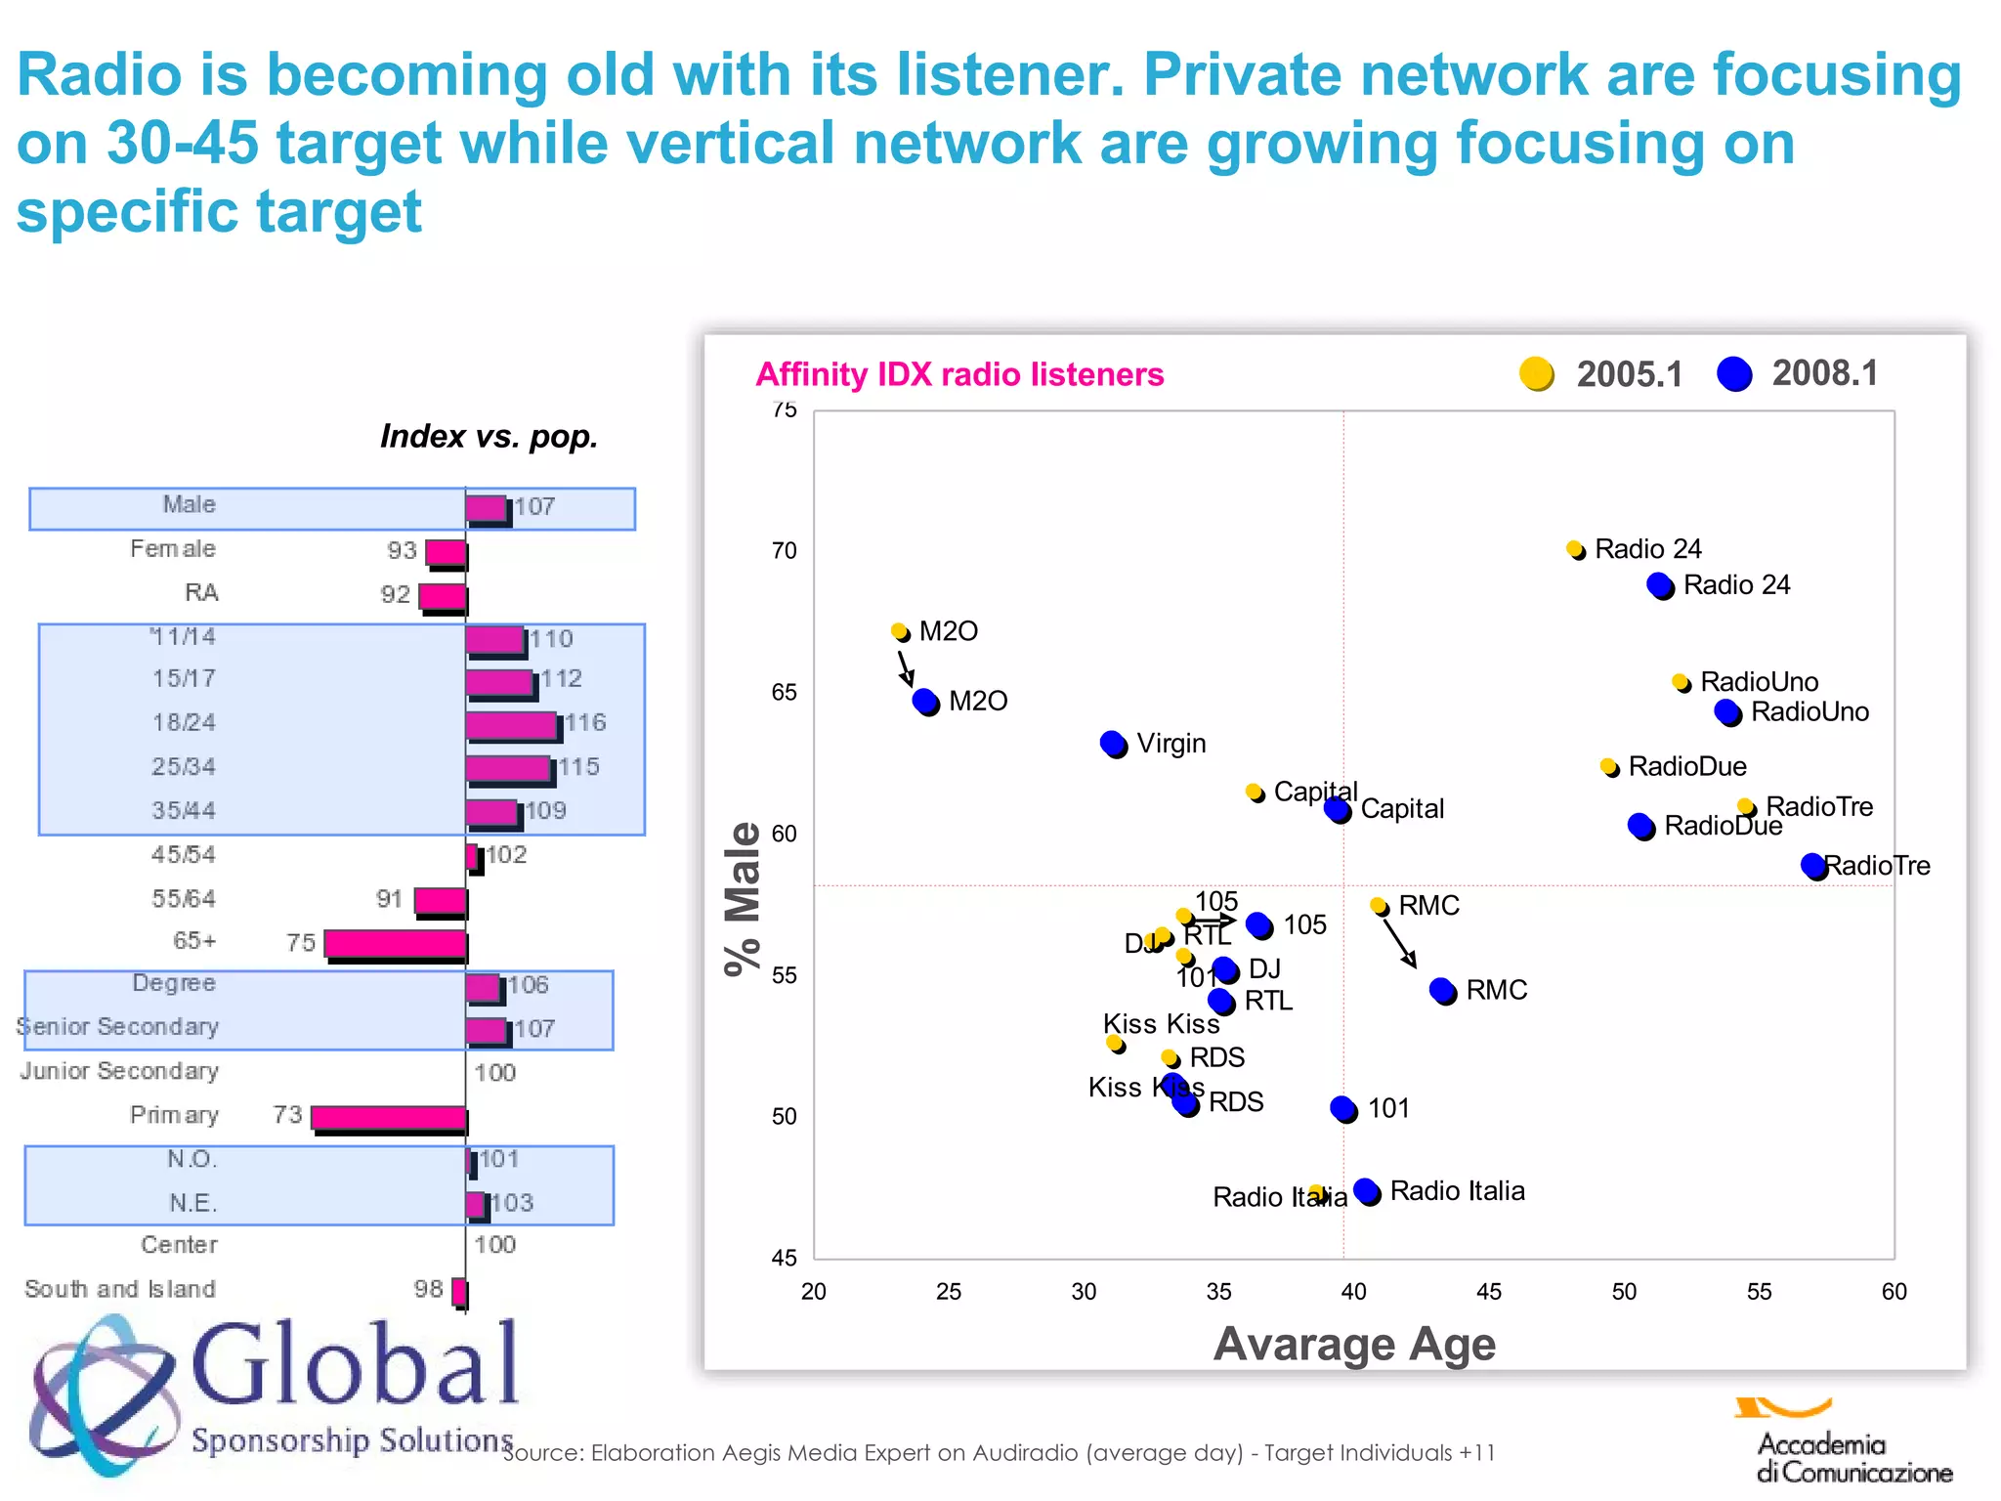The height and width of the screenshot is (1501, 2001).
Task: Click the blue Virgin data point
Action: [x=1113, y=744]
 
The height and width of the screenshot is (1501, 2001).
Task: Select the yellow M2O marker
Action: [x=900, y=631]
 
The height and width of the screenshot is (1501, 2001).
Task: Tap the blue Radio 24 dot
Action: [x=1660, y=585]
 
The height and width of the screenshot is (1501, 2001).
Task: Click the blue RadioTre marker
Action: [x=1814, y=866]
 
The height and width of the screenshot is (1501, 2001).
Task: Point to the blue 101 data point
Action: [x=1343, y=1108]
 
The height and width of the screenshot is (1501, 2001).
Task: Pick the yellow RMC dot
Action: [x=1379, y=906]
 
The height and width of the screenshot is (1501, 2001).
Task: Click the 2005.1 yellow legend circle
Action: [x=1537, y=373]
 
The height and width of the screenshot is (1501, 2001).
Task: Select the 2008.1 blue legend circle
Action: [x=1734, y=373]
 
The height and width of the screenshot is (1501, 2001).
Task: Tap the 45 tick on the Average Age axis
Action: [x=1488, y=1291]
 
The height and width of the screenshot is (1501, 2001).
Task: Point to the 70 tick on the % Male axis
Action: [x=785, y=551]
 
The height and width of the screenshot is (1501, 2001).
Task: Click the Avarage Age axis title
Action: [x=1354, y=1344]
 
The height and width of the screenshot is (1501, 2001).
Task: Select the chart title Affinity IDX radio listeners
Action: [x=959, y=374]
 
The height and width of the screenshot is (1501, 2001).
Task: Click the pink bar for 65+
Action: [x=395, y=944]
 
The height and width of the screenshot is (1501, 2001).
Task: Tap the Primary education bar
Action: [x=388, y=1118]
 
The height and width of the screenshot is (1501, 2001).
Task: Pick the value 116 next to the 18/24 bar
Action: [x=585, y=722]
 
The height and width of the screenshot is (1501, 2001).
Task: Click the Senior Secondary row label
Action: [x=117, y=1027]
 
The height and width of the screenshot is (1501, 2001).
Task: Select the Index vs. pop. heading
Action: [x=489, y=436]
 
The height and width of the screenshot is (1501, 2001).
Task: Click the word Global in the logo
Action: [x=355, y=1363]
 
